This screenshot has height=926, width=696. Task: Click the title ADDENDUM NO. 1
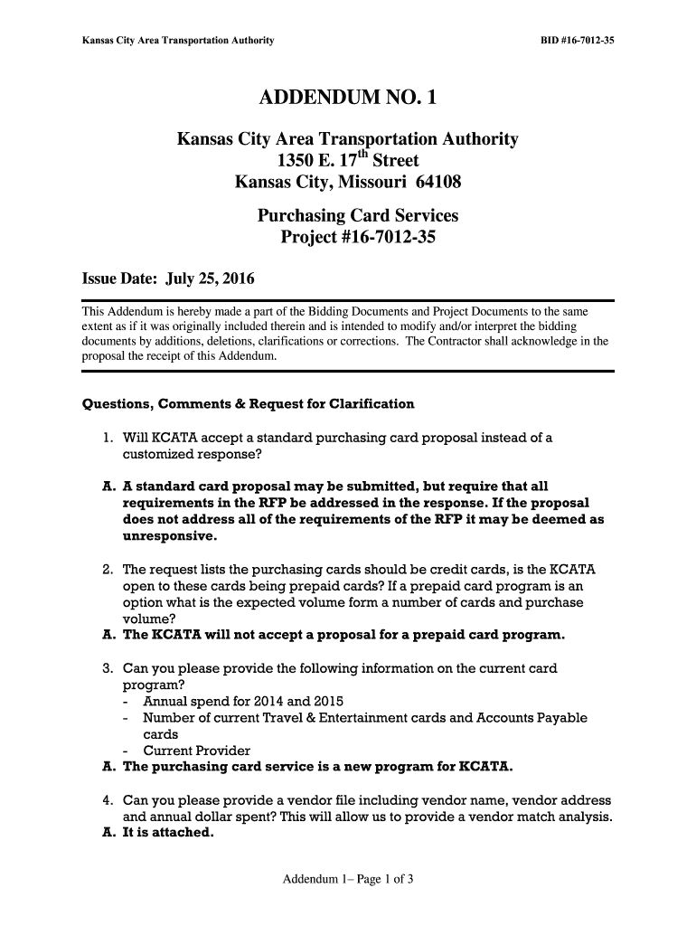click(348, 98)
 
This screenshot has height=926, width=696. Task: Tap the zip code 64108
click(437, 183)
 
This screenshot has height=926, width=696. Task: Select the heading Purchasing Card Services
click(358, 216)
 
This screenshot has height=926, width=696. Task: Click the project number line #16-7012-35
click(358, 239)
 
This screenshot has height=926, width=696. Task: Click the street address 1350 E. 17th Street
click(348, 161)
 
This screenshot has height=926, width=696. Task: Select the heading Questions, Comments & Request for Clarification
click(249, 403)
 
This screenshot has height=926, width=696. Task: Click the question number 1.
click(107, 438)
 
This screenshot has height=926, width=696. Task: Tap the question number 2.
click(107, 570)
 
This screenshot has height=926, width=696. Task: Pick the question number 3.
click(107, 669)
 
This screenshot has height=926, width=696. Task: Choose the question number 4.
click(107, 801)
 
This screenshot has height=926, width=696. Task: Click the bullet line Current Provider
click(196, 751)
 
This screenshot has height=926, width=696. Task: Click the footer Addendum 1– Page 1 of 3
click(348, 879)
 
